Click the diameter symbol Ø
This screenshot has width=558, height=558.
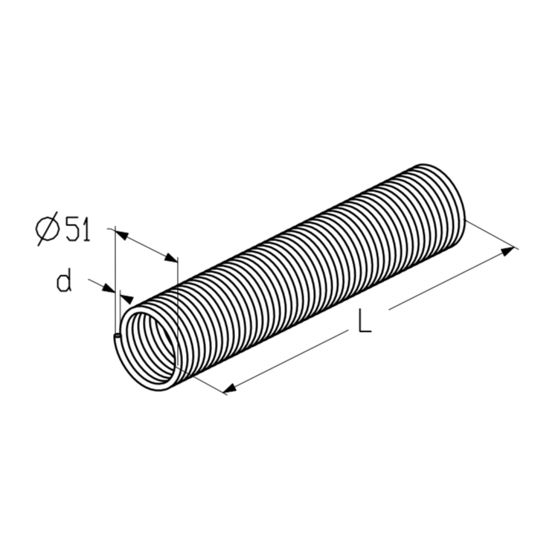coord(48,228)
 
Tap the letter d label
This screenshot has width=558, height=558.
coord(64,280)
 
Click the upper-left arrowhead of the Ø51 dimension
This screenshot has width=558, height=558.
coord(121,234)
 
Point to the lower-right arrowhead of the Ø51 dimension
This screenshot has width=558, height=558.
coord(170,258)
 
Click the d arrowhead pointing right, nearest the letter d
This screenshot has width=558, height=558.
coord(109,288)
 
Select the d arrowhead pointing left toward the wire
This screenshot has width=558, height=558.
coord(127,298)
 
